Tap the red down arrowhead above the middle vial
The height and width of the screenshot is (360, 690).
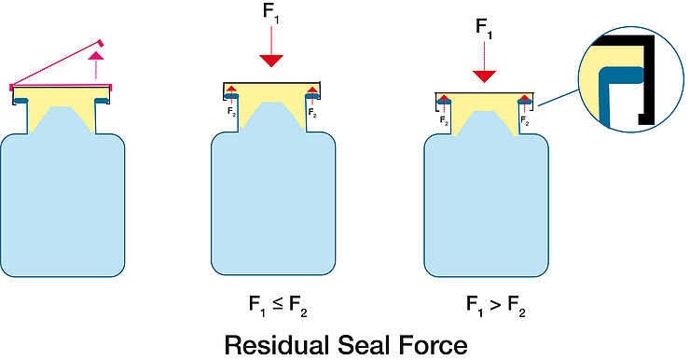point(271,61)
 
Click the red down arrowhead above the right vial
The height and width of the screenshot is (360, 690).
point(485,75)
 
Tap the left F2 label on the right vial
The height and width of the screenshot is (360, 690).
point(446,120)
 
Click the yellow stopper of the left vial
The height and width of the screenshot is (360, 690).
point(62,114)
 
